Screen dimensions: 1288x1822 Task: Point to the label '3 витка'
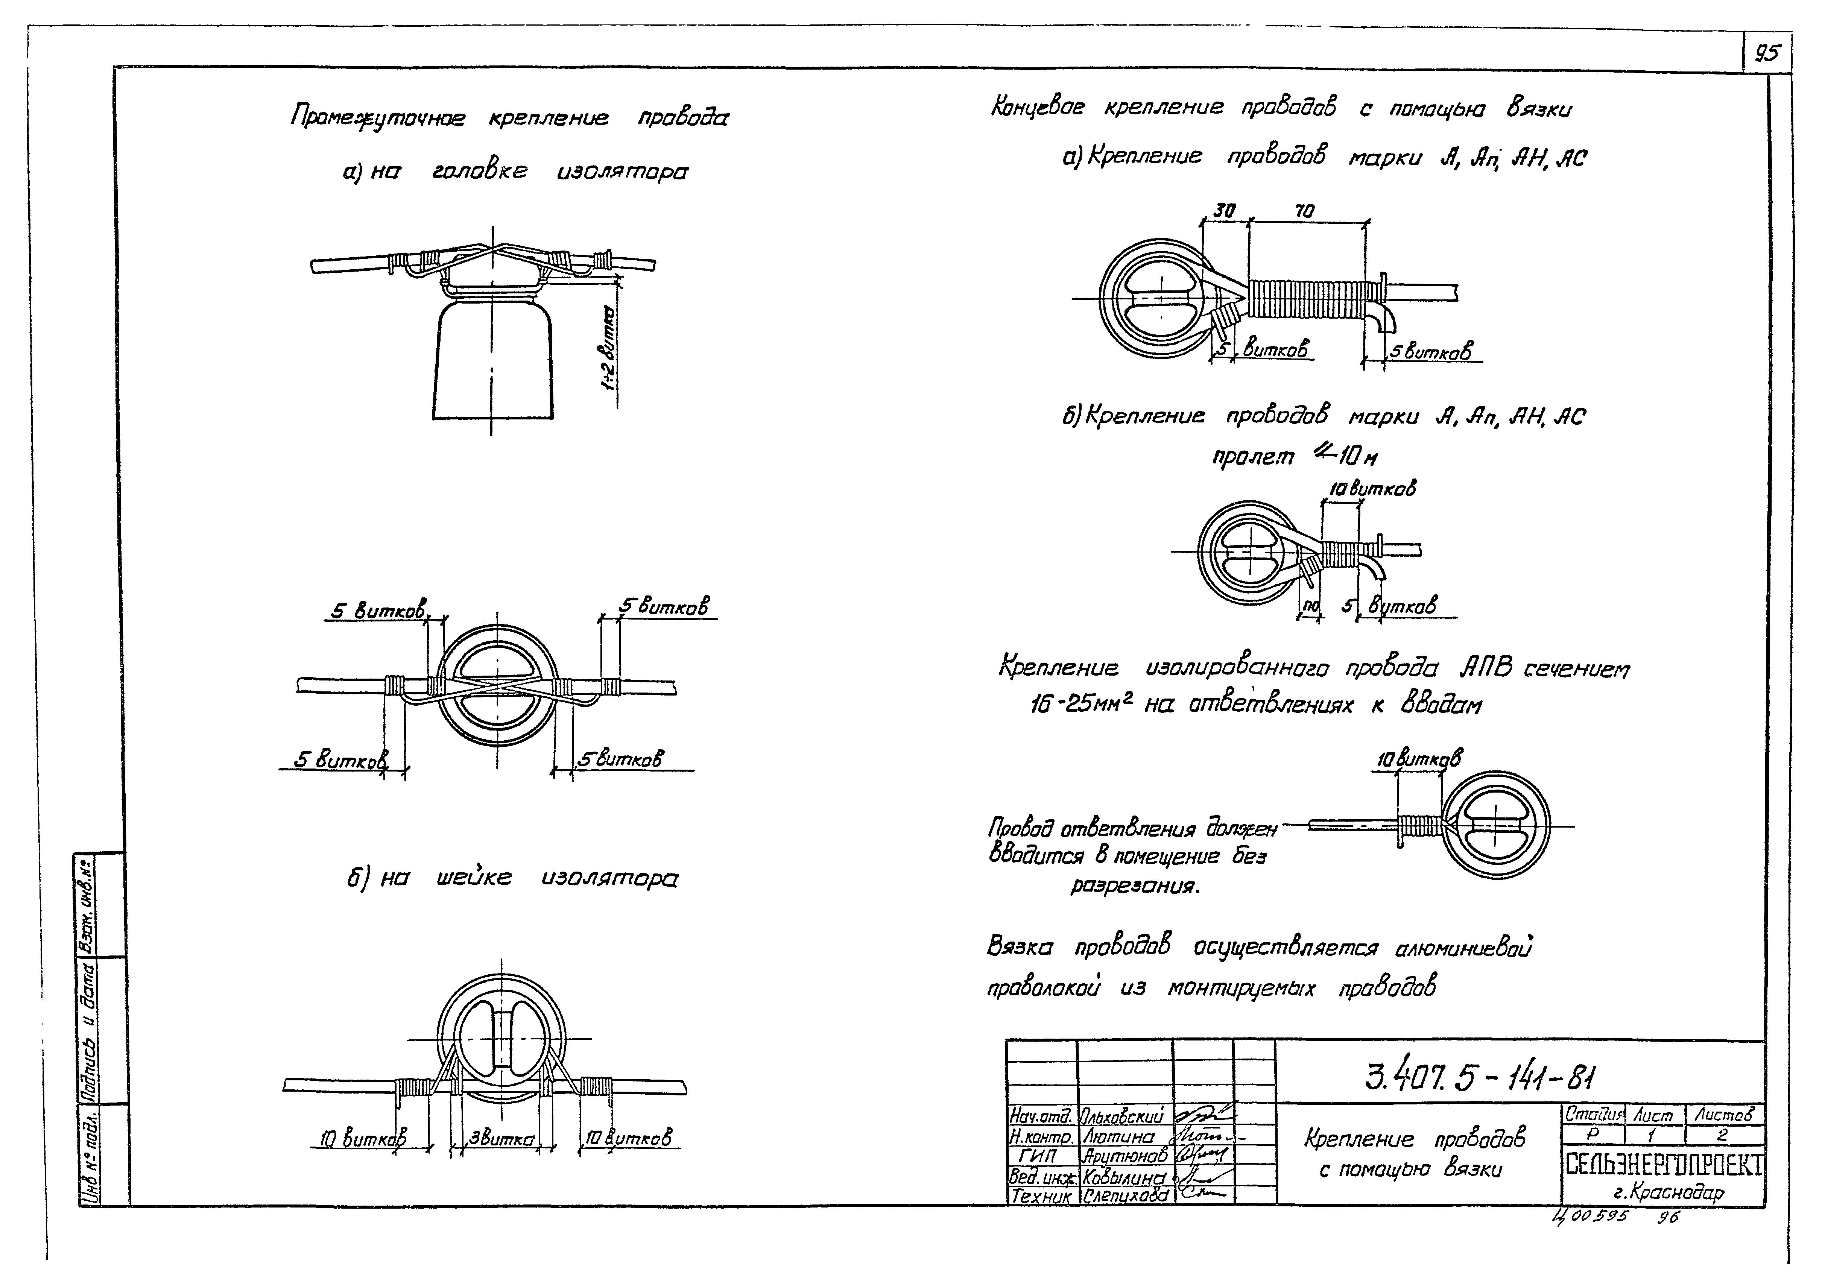tap(502, 1139)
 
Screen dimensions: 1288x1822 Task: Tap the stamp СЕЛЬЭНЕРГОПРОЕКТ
tap(1663, 1164)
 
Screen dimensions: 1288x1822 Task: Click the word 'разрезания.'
tap(1135, 885)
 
